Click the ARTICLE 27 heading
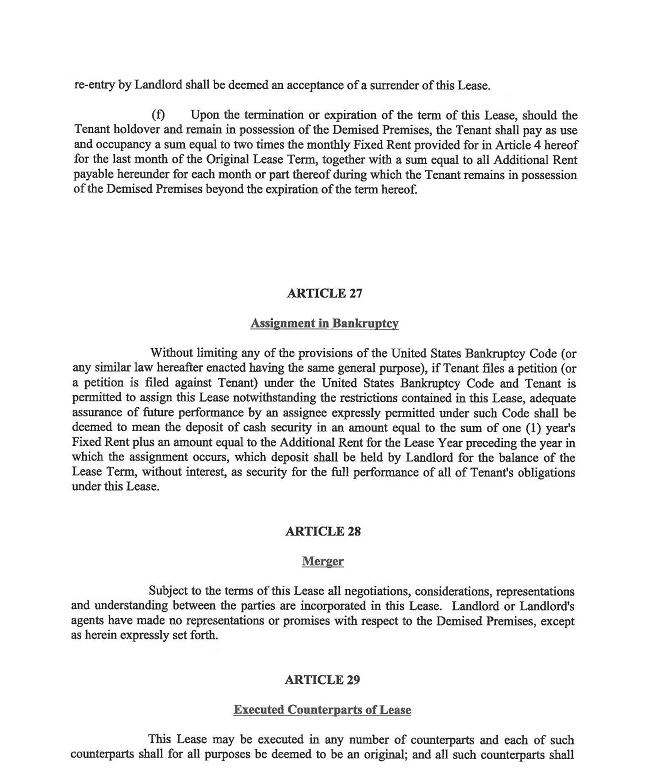[324, 293]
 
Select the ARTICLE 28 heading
[324, 531]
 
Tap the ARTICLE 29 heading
[322, 679]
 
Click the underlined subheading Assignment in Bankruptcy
[324, 323]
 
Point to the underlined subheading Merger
[322, 561]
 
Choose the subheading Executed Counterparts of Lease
[322, 710]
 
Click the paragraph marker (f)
[158, 116]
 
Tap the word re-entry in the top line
[96, 85]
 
